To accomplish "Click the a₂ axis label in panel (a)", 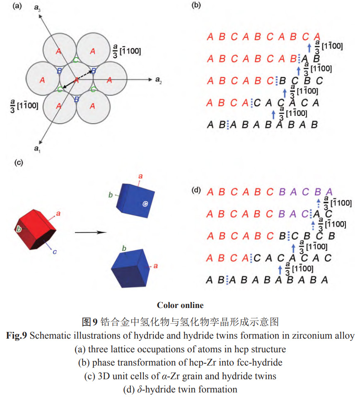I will pyautogui.click(x=158, y=80).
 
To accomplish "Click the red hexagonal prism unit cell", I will pyautogui.click(x=36, y=230).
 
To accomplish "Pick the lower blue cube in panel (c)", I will pyautogui.click(x=129, y=269).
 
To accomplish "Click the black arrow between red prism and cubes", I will pyautogui.click(x=88, y=232).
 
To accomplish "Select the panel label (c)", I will pyautogui.click(x=18, y=163).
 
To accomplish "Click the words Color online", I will pyautogui.click(x=180, y=306).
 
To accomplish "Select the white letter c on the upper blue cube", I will pyautogui.click(x=145, y=203).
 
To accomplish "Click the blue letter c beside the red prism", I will pyautogui.click(x=55, y=252).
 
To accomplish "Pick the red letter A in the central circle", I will pyautogui.click(x=76, y=80).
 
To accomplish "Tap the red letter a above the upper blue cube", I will pyautogui.click(x=140, y=177).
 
